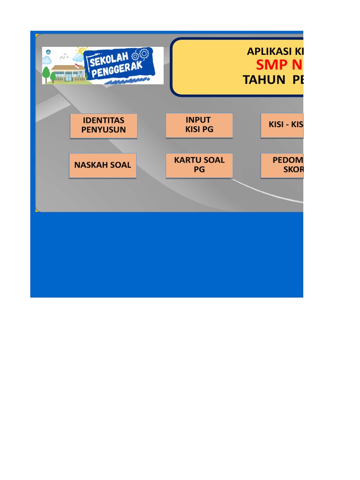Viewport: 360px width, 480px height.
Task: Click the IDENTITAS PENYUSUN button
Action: coord(104,126)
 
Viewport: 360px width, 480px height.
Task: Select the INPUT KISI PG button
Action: coord(199,125)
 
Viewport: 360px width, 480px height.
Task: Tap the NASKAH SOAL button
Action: coord(103,165)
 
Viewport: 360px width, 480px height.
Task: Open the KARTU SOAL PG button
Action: coord(199,165)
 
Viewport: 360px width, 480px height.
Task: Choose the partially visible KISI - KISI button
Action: coord(282,125)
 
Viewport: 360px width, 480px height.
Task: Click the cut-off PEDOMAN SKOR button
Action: coord(283,165)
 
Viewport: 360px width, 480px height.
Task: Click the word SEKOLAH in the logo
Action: coord(107,59)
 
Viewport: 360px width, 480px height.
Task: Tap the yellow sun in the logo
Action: coord(83,51)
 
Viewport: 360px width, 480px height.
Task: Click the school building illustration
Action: coord(69,73)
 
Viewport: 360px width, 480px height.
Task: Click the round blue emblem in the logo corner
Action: coord(47,52)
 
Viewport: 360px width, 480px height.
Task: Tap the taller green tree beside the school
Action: coord(46,74)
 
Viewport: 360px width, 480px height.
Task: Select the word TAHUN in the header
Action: coord(264,80)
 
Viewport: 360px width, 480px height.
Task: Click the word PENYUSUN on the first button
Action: coord(104,130)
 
